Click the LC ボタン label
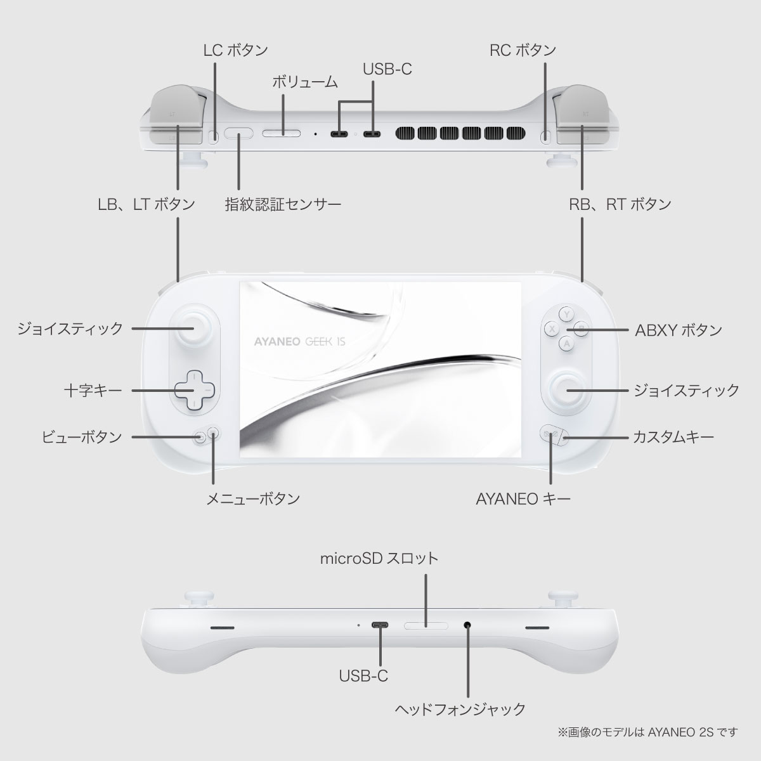(235, 50)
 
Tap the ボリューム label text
(304, 82)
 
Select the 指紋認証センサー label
(283, 204)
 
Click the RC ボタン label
(523, 50)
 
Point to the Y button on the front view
(567, 313)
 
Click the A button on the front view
(567, 343)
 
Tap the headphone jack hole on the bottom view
(467, 625)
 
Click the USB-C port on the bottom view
(380, 625)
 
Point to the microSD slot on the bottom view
(426, 626)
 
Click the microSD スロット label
(379, 559)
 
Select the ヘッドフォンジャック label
(460, 708)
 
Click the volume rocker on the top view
(282, 134)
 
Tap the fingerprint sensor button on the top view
(239, 134)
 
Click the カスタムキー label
(673, 438)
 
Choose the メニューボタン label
(253, 499)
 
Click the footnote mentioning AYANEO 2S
(647, 732)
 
